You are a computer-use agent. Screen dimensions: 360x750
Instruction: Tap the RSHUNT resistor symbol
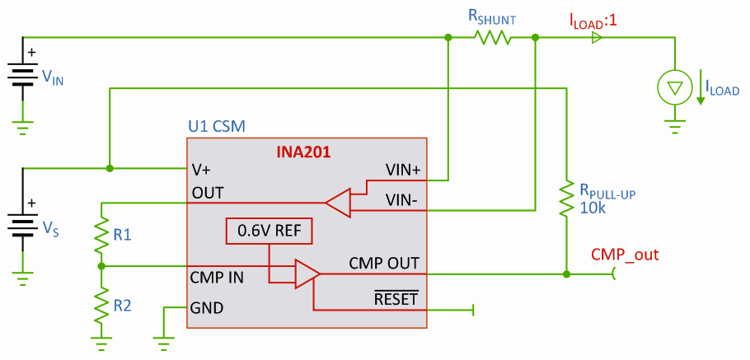[x=492, y=37]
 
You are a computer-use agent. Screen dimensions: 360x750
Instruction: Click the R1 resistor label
[x=123, y=235]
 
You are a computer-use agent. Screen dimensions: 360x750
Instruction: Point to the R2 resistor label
[x=123, y=306]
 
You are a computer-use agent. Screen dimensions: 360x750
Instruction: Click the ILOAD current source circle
[x=675, y=86]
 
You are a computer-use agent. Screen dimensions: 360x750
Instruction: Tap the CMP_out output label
[x=625, y=254]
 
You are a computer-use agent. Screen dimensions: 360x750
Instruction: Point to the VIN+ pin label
[x=403, y=171]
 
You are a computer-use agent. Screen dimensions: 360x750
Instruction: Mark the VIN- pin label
[x=403, y=199]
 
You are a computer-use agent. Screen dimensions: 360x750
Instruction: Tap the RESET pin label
[x=396, y=297]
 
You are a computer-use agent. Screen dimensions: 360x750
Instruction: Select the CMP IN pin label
[x=217, y=277]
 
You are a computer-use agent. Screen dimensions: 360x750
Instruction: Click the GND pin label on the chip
[x=208, y=308]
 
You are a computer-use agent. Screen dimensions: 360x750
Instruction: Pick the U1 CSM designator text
[x=217, y=128]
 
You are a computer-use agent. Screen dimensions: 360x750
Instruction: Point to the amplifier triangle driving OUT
[x=338, y=200]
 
